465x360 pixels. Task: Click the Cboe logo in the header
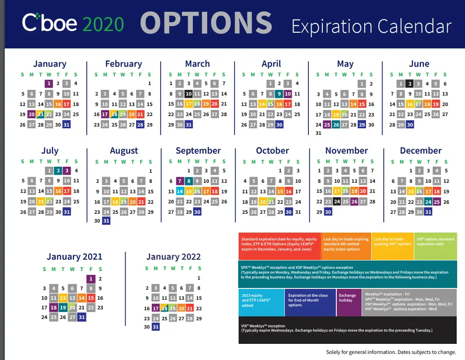pyautogui.click(x=50, y=23)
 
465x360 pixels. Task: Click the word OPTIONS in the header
pyautogui.click(x=206, y=23)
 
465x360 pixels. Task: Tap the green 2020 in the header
pyautogui.click(x=103, y=24)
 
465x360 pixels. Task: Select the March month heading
pyautogui.click(x=198, y=64)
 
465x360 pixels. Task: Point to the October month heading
pyautogui.click(x=272, y=151)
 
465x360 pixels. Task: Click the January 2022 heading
pyautogui.click(x=174, y=257)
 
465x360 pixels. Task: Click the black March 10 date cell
pyautogui.click(x=188, y=94)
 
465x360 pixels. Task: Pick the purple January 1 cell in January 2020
pyautogui.click(x=49, y=84)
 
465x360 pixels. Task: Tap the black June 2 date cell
pyautogui.click(x=410, y=84)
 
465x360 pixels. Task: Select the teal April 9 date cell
pyautogui.click(x=279, y=94)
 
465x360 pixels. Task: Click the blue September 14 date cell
pyautogui.click(x=180, y=191)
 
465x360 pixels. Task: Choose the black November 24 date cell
pyautogui.click(x=337, y=202)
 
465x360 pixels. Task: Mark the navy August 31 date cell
pyautogui.click(x=106, y=221)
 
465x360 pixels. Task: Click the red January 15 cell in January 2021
pyautogui.click(x=91, y=298)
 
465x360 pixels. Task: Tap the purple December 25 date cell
pyautogui.click(x=437, y=202)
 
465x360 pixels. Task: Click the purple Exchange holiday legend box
pyautogui.click(x=349, y=302)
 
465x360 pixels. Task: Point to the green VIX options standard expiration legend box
pyautogui.click(x=436, y=246)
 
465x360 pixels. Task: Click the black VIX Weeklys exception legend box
pyautogui.click(x=348, y=330)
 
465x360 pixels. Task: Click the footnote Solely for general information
pyautogui.click(x=391, y=352)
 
